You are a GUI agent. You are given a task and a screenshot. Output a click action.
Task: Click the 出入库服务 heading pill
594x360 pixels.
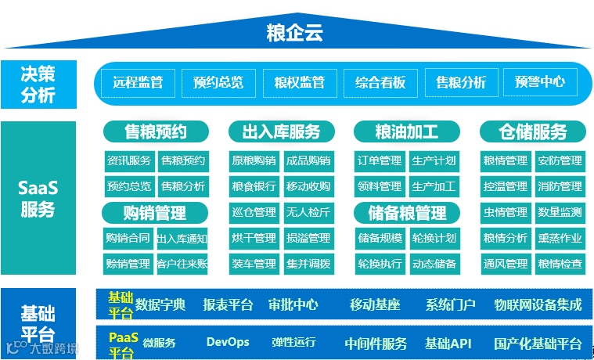click(x=281, y=131)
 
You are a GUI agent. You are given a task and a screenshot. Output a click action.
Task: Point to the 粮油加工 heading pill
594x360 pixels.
click(x=406, y=131)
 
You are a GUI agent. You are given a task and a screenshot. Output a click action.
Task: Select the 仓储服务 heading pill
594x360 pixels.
click(x=532, y=131)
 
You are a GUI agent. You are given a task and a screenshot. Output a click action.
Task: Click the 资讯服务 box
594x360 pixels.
click(x=129, y=161)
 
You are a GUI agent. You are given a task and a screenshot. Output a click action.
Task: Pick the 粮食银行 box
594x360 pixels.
click(x=254, y=187)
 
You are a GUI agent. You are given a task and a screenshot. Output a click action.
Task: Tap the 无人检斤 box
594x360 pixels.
click(x=308, y=212)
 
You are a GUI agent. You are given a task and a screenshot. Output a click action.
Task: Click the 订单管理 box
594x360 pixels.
click(x=380, y=161)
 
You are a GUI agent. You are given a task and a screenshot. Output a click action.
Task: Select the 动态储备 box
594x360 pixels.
click(x=434, y=263)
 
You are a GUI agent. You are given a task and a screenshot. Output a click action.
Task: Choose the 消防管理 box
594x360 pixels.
click(x=560, y=187)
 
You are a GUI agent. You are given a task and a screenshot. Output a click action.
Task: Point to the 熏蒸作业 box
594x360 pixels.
click(x=560, y=238)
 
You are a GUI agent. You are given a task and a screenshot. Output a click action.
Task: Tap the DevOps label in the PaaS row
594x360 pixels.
click(x=228, y=342)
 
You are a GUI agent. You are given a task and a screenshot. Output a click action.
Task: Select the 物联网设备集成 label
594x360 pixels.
click(x=538, y=304)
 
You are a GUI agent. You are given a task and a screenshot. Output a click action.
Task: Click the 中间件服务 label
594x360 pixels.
click(x=376, y=344)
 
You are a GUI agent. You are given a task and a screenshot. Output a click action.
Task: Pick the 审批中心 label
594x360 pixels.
click(x=293, y=304)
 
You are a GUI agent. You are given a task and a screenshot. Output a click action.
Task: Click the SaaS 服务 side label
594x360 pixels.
click(x=38, y=199)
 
